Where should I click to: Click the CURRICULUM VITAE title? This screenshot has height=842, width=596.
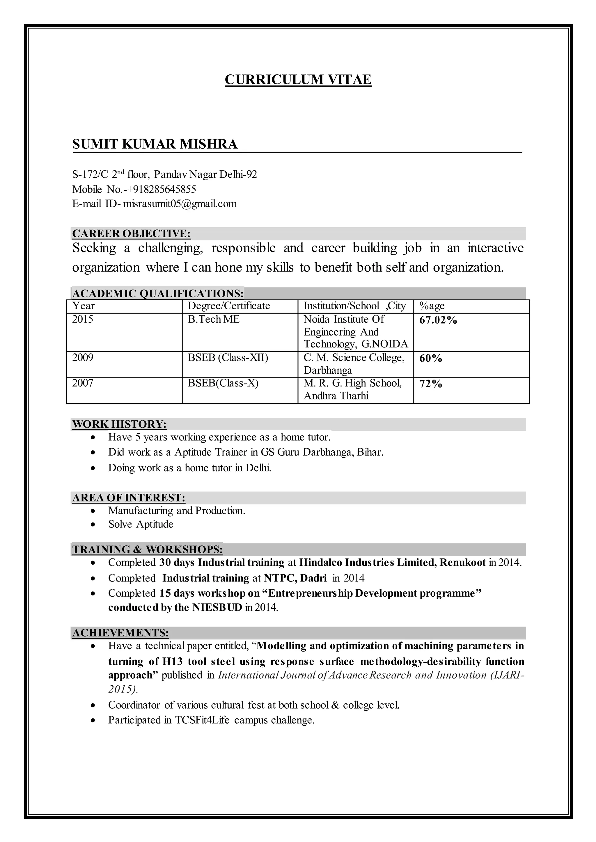click(x=298, y=80)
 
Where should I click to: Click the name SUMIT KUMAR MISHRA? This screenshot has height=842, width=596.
click(x=155, y=144)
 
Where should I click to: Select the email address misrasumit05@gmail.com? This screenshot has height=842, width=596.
click(x=180, y=204)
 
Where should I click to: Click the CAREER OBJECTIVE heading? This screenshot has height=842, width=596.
click(x=131, y=233)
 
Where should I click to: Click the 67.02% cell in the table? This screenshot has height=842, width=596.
click(x=438, y=320)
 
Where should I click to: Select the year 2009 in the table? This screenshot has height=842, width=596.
click(x=83, y=357)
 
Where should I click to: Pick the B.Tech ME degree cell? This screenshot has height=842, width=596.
click(x=214, y=320)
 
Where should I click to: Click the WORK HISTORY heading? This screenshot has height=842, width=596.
click(x=119, y=424)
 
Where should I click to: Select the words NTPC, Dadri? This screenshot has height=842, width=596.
click(x=295, y=578)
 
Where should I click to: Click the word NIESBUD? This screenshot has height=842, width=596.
click(x=217, y=608)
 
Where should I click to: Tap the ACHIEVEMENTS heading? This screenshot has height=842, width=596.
click(x=120, y=633)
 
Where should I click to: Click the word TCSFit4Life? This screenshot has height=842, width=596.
click(x=202, y=720)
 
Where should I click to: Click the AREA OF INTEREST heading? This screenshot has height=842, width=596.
click(x=128, y=498)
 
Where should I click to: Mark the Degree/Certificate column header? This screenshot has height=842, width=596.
click(x=229, y=306)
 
